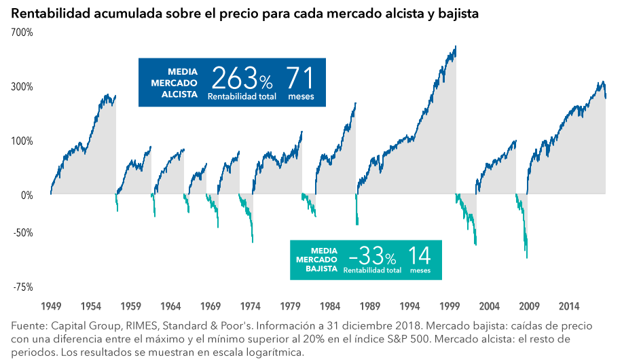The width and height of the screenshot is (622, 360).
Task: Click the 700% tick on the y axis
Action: [22, 33]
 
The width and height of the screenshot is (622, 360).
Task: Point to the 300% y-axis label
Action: [22, 87]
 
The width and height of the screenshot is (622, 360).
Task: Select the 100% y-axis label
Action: [22, 141]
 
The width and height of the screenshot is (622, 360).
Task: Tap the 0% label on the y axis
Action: [26, 196]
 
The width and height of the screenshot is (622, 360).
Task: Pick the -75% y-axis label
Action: [22, 287]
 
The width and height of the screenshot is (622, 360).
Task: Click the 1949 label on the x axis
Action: [52, 306]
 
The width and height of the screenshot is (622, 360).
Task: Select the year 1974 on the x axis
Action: [251, 306]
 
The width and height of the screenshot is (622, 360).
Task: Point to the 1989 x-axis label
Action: [371, 306]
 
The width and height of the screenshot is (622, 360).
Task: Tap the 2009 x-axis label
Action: [530, 306]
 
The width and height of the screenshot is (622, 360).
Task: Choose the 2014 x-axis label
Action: [569, 306]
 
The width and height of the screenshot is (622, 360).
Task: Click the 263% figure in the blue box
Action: [242, 80]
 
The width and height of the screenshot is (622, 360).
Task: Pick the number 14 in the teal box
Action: [420, 257]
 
